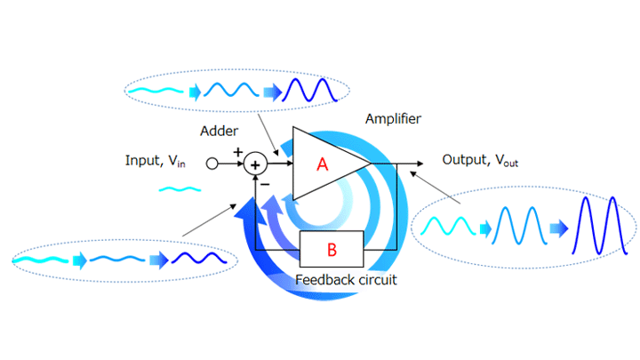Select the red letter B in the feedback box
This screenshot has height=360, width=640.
[332, 250]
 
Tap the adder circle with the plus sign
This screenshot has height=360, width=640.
[256, 164]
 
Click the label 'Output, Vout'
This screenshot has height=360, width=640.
[481, 161]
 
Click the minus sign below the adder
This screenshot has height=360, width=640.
[239, 181]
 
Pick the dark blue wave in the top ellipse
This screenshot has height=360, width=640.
[313, 90]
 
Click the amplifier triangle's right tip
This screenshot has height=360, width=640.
[370, 164]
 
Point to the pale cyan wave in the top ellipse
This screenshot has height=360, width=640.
[159, 90]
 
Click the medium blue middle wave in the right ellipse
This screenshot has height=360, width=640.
[518, 228]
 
